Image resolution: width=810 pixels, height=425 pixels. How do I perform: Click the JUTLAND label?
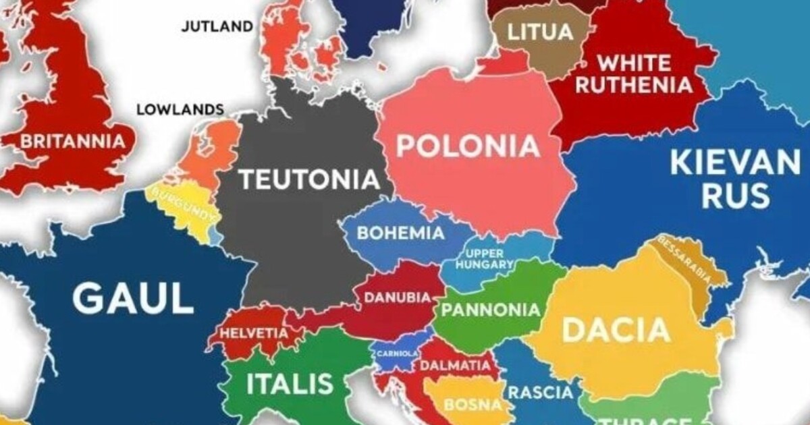tap(217, 27)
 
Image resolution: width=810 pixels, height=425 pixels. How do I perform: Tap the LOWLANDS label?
tap(180, 109)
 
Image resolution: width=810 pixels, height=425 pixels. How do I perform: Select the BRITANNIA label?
tap(73, 142)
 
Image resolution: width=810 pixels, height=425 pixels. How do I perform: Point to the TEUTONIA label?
tap(309, 179)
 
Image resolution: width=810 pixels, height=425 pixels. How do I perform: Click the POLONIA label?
tap(468, 146)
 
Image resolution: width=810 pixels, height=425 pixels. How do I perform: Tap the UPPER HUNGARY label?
tap(485, 259)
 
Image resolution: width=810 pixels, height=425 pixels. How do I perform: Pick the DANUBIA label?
tap(398, 297)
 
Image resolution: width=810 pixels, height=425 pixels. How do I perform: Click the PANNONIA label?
tap(491, 310)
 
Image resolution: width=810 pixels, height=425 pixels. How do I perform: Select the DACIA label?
tap(616, 331)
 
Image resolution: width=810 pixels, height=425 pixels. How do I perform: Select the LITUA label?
tap(540, 31)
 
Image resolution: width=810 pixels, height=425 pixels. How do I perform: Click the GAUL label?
tap(133, 298)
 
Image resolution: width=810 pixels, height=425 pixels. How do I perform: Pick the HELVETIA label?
tap(253, 333)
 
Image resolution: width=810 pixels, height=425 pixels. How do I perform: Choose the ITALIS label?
tap(290, 384)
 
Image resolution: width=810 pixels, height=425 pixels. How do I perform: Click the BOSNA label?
tap(473, 405)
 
